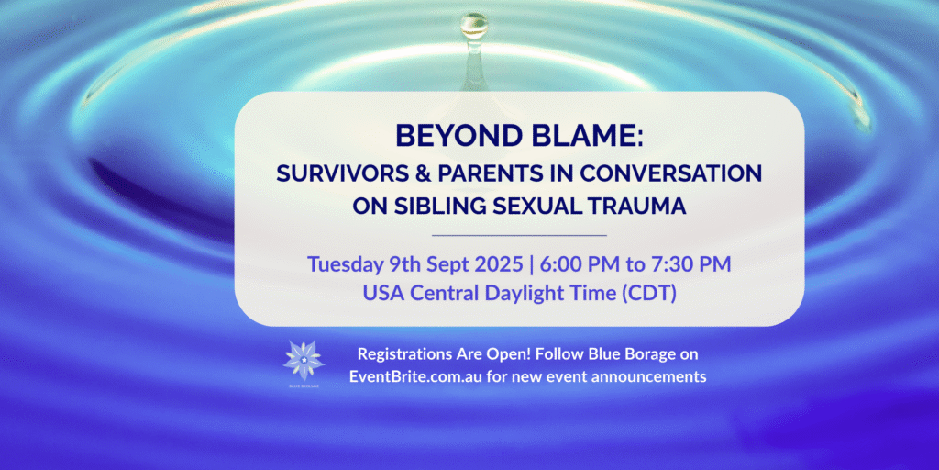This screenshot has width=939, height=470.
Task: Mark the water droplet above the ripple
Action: point(474,26)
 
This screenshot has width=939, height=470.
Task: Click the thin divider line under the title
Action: point(519,235)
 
